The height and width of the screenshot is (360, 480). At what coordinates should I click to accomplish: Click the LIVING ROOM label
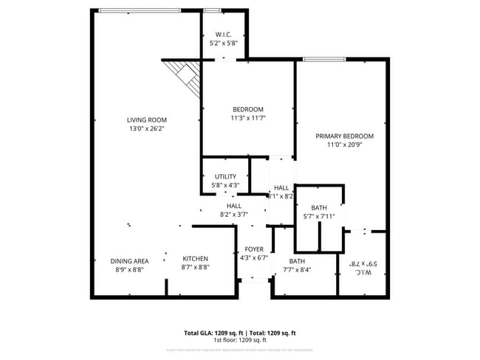coord(146,120)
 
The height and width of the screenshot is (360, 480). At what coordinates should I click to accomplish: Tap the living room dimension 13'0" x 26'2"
coord(146,128)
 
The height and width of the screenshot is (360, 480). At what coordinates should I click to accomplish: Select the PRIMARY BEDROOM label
coord(344,136)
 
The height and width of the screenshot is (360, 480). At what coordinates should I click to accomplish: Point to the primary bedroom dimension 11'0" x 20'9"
coord(344,145)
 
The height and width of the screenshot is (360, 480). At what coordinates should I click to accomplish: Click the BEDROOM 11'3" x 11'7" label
coord(247,109)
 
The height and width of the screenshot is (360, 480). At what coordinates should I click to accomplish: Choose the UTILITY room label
coord(225,176)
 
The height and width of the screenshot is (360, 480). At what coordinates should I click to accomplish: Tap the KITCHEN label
coord(196,259)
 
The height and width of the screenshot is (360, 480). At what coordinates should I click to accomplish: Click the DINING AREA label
coord(130,261)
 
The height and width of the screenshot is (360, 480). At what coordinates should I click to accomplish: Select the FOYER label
coord(254,249)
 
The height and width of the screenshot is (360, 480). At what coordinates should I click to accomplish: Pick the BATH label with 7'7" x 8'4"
coord(297,261)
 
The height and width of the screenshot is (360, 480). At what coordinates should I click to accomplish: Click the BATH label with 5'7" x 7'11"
coord(319,207)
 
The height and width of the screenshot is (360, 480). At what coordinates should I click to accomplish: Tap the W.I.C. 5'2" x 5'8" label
coord(224,35)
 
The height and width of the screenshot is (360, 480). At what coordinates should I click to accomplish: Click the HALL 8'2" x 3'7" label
coord(233,206)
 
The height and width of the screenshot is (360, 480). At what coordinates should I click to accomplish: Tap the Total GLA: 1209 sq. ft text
coord(214,333)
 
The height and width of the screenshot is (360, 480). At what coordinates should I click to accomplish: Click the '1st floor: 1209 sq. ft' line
coord(240,340)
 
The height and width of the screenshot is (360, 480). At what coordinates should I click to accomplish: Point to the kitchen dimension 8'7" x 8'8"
coord(196,269)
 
